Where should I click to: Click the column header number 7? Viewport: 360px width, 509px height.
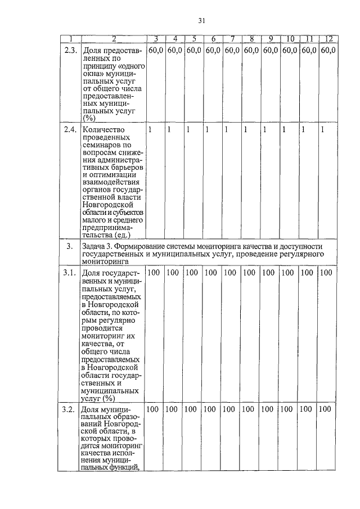click(232, 39)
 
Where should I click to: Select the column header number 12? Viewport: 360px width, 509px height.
click(328, 39)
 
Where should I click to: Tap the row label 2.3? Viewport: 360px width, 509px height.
click(69, 50)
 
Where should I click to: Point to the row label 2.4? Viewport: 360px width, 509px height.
click(69, 130)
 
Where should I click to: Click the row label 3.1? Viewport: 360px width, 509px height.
click(69, 272)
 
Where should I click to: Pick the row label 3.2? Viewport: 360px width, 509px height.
click(69, 409)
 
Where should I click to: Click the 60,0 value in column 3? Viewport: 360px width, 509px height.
click(156, 50)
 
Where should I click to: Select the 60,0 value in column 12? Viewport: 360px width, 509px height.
click(328, 50)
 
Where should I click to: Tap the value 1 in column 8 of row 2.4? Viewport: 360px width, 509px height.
click(245, 130)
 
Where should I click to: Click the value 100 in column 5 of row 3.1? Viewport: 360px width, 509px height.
click(192, 272)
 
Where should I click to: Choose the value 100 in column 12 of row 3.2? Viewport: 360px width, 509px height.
click(325, 409)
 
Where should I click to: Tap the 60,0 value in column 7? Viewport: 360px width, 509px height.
click(232, 50)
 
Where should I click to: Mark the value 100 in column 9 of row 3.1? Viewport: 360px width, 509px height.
click(268, 272)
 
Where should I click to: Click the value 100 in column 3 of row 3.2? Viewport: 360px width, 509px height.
click(154, 409)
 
